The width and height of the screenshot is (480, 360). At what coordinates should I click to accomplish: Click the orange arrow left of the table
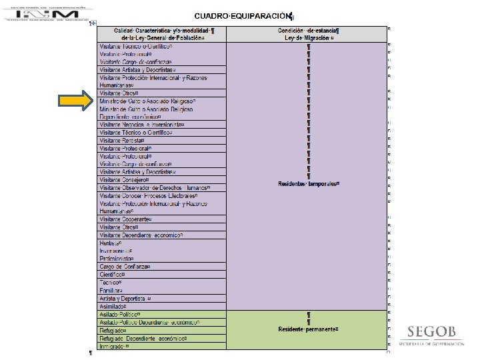(x=75, y=101)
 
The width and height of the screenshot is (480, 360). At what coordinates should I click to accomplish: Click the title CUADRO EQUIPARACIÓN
(x=243, y=15)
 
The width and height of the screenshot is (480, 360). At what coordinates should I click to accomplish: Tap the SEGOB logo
(x=433, y=335)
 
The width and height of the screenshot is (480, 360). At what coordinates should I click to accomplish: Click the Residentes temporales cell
(x=308, y=183)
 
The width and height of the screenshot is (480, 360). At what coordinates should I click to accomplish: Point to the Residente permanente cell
(x=308, y=329)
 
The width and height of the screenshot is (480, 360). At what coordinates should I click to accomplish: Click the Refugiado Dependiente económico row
(x=143, y=339)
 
